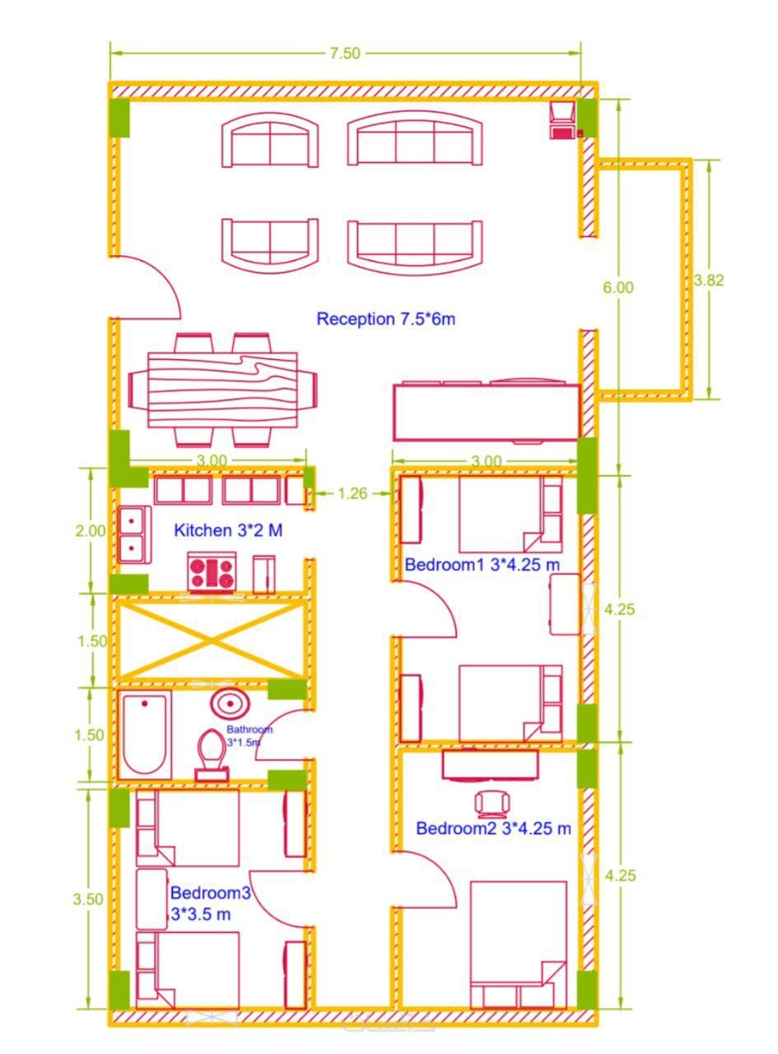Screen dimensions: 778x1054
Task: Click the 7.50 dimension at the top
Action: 345,53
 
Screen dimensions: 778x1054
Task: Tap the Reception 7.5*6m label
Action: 386,319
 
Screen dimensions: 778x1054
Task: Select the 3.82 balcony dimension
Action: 709,280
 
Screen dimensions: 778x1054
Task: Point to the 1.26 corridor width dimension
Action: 352,493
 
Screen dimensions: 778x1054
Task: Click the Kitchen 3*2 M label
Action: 228,530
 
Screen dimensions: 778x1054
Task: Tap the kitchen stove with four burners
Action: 212,572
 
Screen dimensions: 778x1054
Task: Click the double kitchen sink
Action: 133,534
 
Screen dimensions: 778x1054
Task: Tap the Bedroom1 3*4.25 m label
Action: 482,565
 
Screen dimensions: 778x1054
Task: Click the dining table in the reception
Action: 222,389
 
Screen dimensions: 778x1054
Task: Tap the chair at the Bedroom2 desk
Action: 491,803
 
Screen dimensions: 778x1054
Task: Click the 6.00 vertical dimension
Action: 618,287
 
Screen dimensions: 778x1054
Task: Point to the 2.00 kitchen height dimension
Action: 90,530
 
